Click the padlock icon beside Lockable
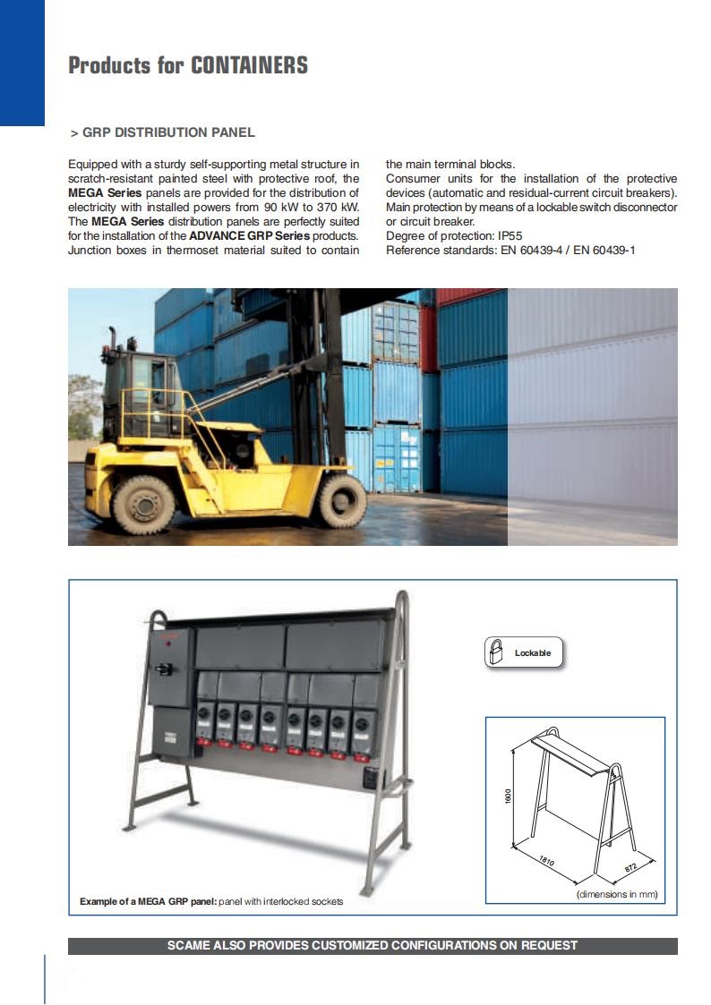(x=495, y=652)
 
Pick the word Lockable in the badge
(x=533, y=653)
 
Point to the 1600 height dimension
(x=508, y=796)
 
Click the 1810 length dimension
(x=546, y=862)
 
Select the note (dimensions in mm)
(x=617, y=894)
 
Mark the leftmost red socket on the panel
(x=203, y=742)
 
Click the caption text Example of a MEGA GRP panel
(x=148, y=901)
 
